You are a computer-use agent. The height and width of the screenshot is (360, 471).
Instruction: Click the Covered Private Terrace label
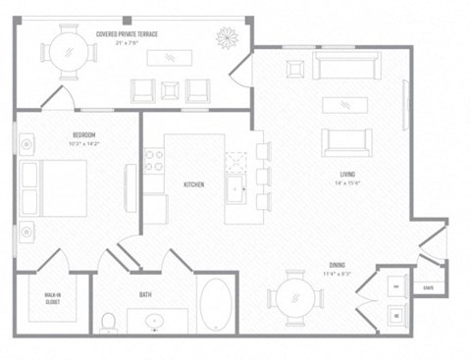127,33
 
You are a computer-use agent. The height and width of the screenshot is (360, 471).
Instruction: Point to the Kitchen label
194,183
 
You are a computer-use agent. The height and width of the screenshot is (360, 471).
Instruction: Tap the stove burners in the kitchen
154,160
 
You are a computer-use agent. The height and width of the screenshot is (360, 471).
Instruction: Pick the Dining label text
339,264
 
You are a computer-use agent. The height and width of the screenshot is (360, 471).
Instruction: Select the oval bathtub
216,305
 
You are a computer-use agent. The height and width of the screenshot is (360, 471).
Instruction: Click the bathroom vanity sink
156,321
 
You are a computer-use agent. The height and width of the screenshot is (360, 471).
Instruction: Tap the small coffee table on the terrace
171,58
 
